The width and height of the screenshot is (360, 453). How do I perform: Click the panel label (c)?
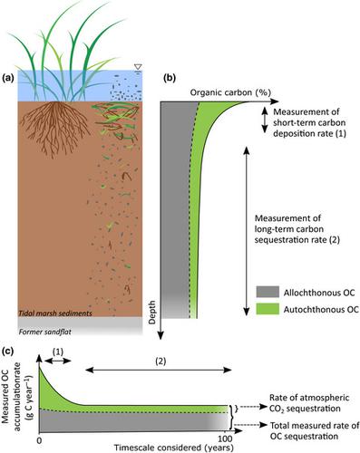10,351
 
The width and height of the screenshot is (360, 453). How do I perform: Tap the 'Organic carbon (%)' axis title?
227,93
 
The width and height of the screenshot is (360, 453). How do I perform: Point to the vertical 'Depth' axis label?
157,318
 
